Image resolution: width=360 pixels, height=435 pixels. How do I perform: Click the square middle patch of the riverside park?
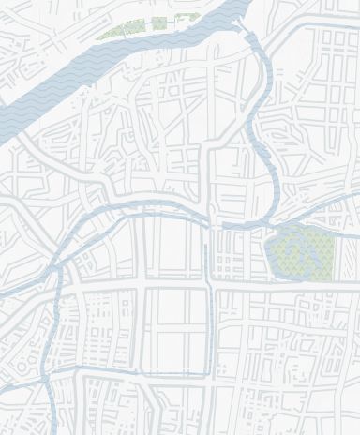159,23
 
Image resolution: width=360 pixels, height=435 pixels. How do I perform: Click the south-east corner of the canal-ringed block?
207,375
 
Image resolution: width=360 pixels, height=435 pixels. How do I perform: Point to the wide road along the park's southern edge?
300,284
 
